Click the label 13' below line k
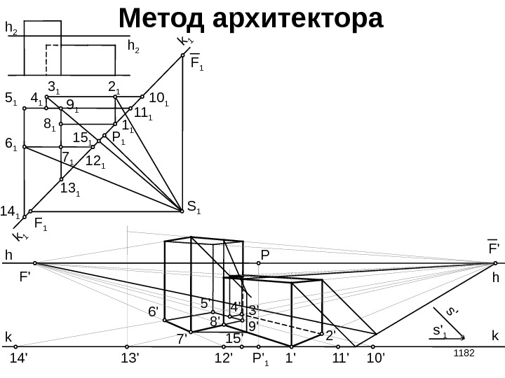click(130, 358)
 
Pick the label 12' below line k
click(224, 358)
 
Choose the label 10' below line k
click(377, 358)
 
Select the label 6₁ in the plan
click(11, 143)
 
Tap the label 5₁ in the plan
click(11, 99)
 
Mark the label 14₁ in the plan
click(10, 210)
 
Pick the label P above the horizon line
click(265, 254)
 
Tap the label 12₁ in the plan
click(95, 162)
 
